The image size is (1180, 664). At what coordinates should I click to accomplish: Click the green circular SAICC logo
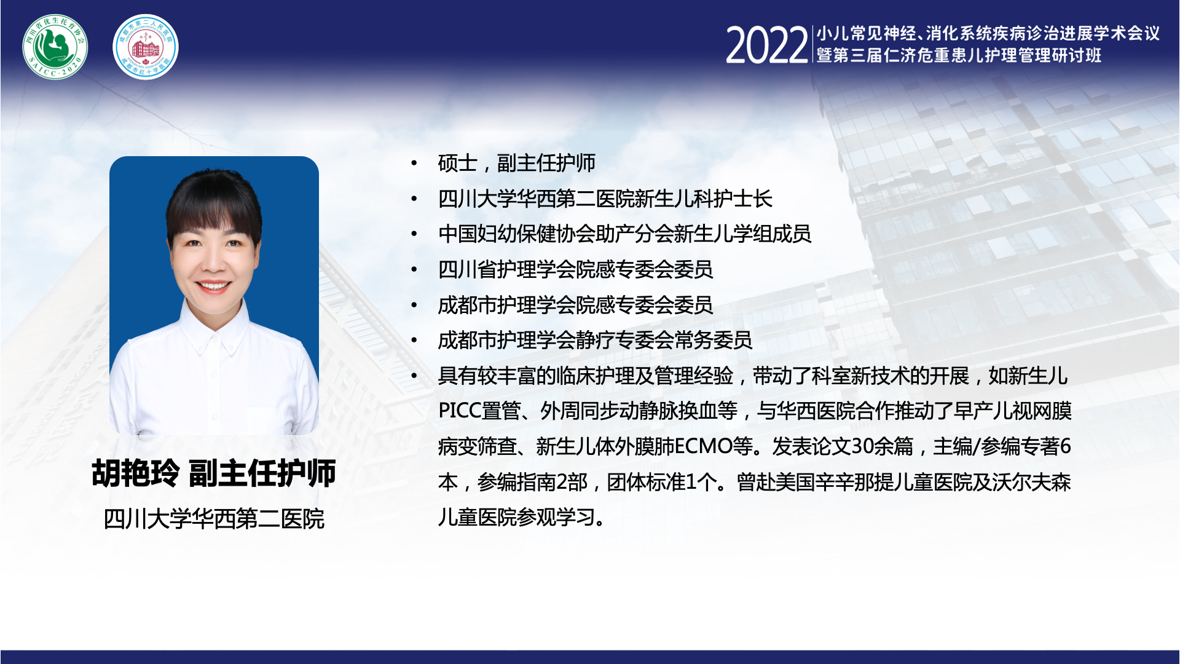pyautogui.click(x=55, y=47)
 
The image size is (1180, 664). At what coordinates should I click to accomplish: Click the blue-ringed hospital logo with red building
pyautogui.click(x=146, y=47)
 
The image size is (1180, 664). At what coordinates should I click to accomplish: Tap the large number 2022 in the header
pyautogui.click(x=766, y=45)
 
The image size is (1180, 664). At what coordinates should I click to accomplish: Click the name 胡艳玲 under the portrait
pyautogui.click(x=136, y=473)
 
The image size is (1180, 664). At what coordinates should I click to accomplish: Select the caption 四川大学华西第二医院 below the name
pyautogui.click(x=214, y=519)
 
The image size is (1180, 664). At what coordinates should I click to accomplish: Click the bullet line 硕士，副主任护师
pyautogui.click(x=516, y=163)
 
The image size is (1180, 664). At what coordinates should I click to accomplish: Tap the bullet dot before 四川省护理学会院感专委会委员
pyautogui.click(x=414, y=269)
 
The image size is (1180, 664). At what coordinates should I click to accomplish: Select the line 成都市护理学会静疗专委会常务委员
pyautogui.click(x=595, y=340)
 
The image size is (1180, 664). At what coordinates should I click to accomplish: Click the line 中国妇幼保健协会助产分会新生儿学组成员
pyautogui.click(x=624, y=234)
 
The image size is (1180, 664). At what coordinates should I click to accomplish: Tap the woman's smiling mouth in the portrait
pyautogui.click(x=213, y=285)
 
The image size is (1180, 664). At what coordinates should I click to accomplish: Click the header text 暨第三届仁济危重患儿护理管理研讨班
pyautogui.click(x=959, y=55)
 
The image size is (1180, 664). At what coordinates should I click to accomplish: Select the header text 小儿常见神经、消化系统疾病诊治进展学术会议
pyautogui.click(x=988, y=33)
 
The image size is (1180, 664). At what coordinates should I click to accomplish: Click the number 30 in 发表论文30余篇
pyautogui.click(x=862, y=446)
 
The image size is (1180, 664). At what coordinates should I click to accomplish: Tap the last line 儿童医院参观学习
pyautogui.click(x=521, y=517)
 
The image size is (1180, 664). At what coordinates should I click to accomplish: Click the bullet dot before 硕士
pyautogui.click(x=414, y=163)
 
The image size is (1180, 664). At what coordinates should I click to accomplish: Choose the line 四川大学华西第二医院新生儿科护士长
pyautogui.click(x=605, y=199)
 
